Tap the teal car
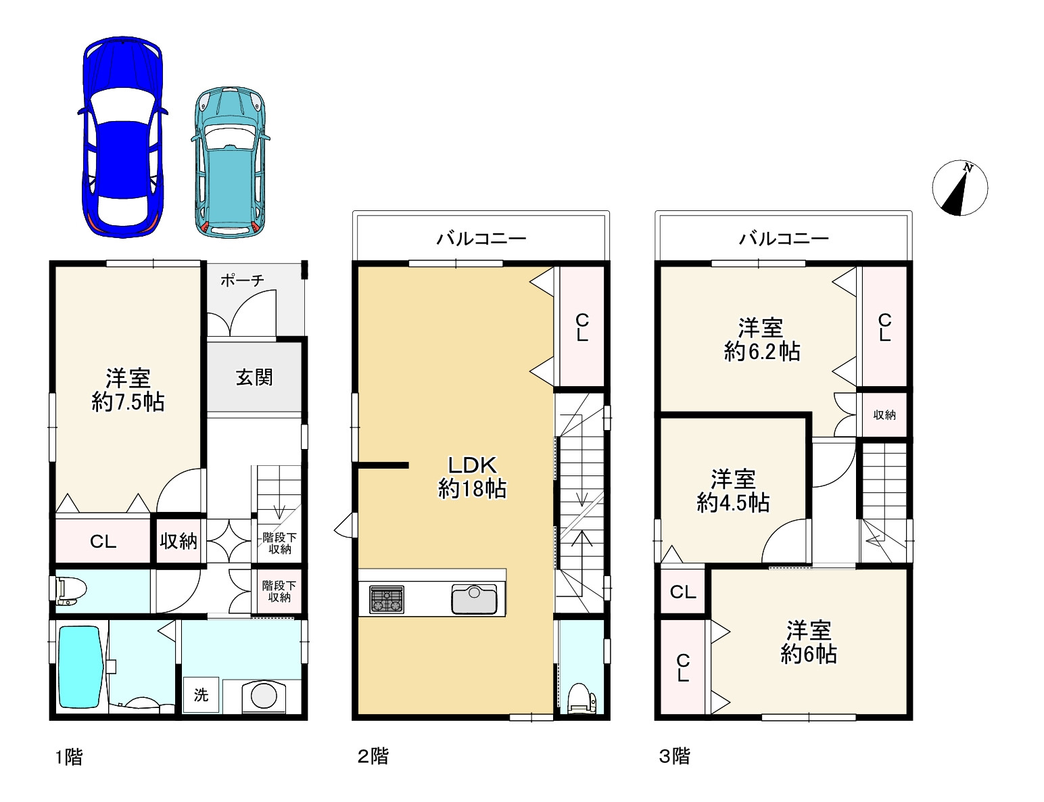click(230, 162)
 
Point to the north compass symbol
click(959, 188)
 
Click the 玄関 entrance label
click(254, 377)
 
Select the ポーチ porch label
click(242, 280)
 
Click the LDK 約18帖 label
click(472, 477)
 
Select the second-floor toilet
click(582, 699)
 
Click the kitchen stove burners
click(386, 599)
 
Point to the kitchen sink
click(474, 599)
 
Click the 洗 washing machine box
click(201, 694)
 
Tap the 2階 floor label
click(373, 757)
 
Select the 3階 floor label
click(675, 757)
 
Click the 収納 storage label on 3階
click(884, 415)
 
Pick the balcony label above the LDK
click(481, 239)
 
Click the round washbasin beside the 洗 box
click(264, 694)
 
